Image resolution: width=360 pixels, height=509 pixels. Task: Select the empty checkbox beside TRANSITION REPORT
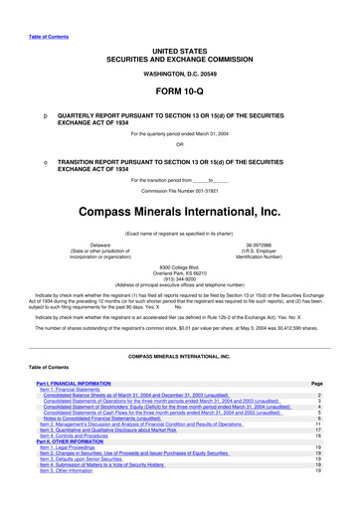click(36, 163)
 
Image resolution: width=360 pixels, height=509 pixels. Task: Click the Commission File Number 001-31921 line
click(180, 190)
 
